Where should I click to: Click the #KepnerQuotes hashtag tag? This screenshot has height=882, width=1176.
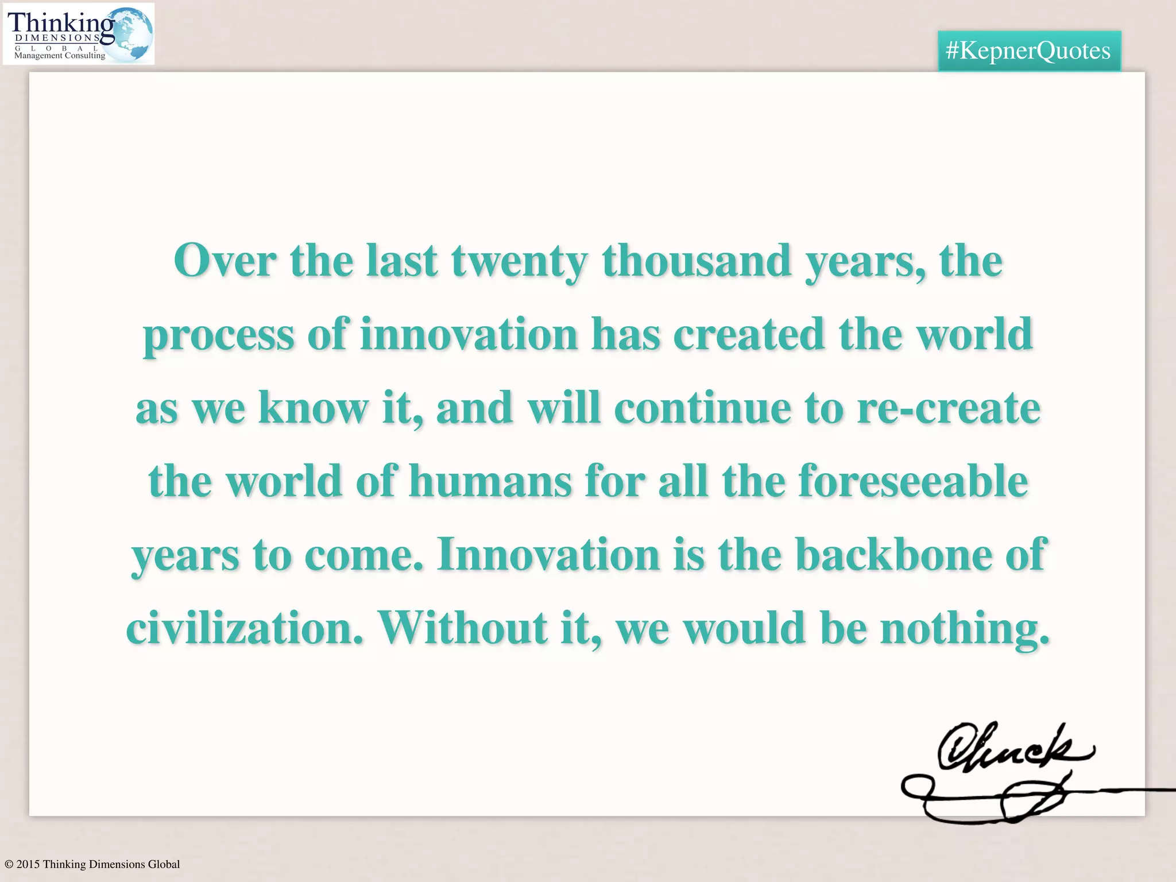click(1028, 51)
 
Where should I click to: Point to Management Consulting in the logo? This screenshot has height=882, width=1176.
click(60, 56)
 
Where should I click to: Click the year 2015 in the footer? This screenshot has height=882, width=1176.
click(28, 864)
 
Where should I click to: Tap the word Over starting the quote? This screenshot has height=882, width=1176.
click(225, 261)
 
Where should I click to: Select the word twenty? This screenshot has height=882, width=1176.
click(519, 262)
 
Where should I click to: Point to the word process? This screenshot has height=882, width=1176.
click(218, 335)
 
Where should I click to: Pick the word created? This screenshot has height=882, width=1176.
click(749, 334)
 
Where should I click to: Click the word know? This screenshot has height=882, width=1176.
click(313, 408)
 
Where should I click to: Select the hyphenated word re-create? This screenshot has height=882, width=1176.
click(948, 408)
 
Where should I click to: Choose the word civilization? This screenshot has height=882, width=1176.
click(245, 628)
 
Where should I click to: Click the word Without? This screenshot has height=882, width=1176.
click(462, 628)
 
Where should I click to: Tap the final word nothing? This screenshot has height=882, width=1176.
click(965, 629)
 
